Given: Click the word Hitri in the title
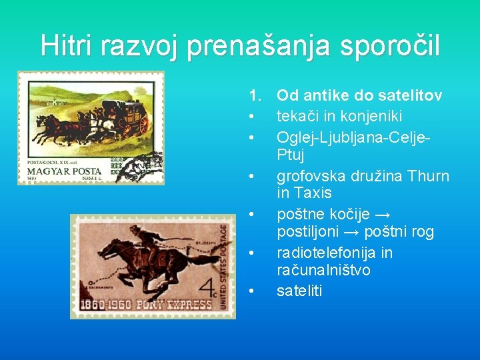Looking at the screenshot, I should (x=67, y=45).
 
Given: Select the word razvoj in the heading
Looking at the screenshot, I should (x=140, y=45).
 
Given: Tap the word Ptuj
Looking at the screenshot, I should (x=291, y=155).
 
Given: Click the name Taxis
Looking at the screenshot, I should (x=313, y=193).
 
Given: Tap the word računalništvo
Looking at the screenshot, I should (x=323, y=271).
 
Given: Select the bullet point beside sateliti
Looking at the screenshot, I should (x=251, y=291).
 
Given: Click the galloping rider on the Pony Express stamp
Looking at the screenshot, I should (x=150, y=239).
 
